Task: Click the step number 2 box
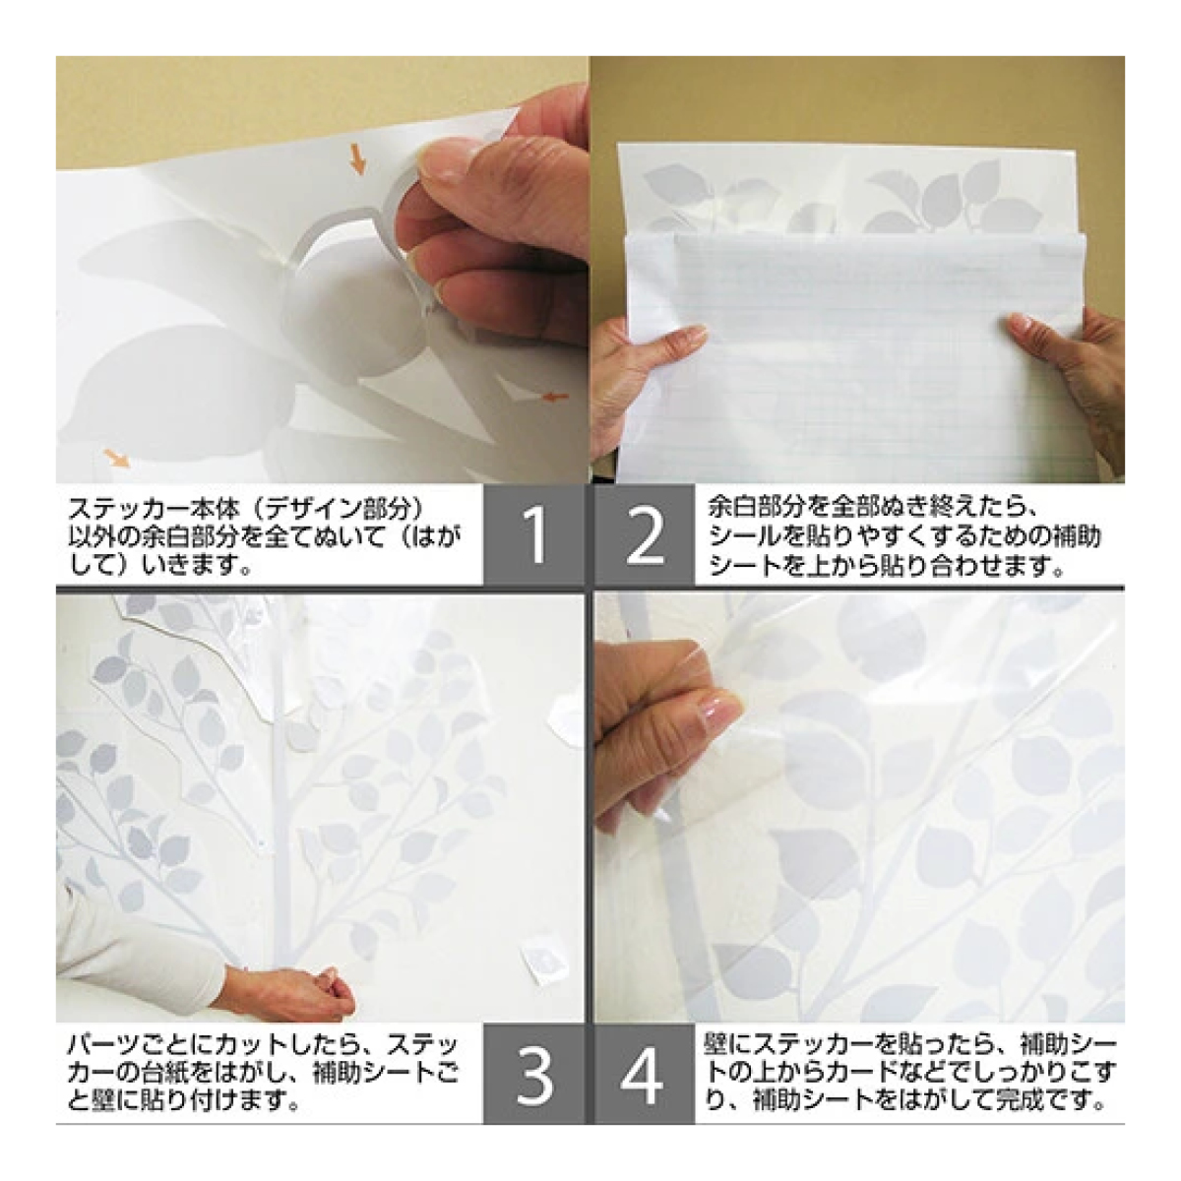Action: (x=644, y=535)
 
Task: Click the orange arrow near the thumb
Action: (x=358, y=159)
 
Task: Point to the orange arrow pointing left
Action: (x=556, y=398)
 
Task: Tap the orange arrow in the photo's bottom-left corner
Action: (x=116, y=458)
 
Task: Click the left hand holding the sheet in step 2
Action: (x=644, y=368)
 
